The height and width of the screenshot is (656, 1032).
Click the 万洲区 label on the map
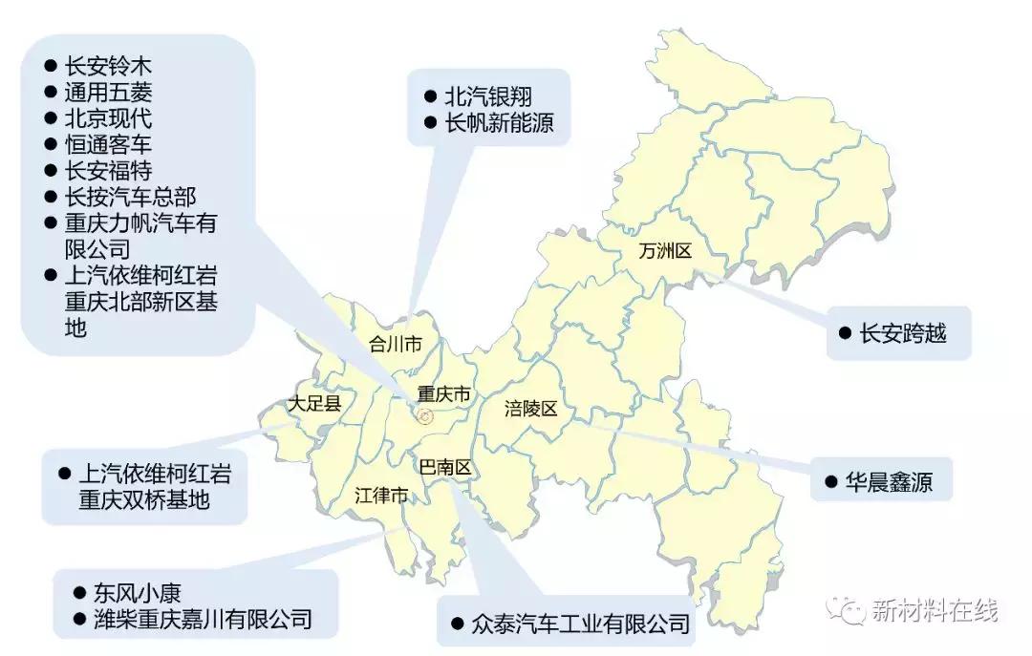click(x=665, y=252)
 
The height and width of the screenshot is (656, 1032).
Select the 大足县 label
click(x=315, y=404)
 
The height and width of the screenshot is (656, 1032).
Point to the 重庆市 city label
click(x=444, y=393)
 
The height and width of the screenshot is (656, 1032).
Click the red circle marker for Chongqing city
click(x=426, y=415)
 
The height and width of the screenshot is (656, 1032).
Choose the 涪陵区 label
click(x=530, y=410)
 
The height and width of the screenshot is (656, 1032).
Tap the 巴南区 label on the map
click(x=445, y=468)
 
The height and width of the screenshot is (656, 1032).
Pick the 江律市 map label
click(x=381, y=497)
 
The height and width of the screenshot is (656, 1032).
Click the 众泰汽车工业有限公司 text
click(x=580, y=625)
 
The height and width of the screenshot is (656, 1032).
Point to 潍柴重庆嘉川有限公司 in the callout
click(x=203, y=619)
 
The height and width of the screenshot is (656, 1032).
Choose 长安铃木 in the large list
click(x=108, y=67)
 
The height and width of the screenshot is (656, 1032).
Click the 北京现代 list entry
click(x=108, y=119)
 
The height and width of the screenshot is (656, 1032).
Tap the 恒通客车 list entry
click(x=108, y=145)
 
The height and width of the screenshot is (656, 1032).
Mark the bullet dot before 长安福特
click(x=51, y=171)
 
